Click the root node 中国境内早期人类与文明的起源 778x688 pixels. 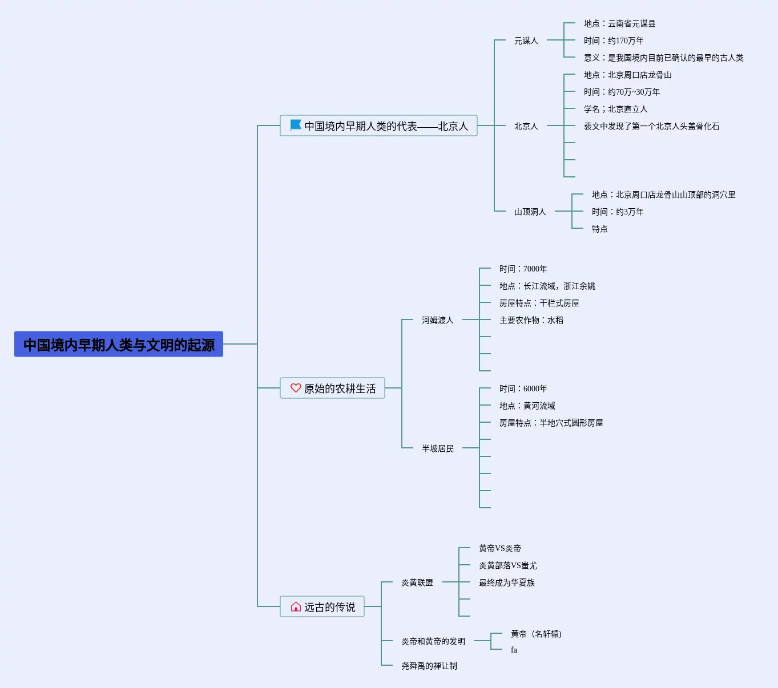coord(119,345)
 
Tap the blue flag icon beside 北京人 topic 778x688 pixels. coord(296,125)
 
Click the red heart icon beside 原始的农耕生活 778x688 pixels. coord(296,388)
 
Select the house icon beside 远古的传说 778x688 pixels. coord(296,606)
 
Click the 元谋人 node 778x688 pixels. coord(526,41)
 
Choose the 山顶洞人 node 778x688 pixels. coord(530,212)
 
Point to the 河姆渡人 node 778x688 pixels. coord(437,320)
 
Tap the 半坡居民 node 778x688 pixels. coord(437,448)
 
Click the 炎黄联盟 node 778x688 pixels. coord(417,582)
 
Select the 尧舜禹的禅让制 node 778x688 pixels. coord(429,666)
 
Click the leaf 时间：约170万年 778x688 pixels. coord(614,41)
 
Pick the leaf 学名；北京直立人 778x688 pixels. coord(615,109)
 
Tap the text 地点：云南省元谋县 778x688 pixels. coord(619,23)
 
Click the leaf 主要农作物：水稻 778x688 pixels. coord(531,320)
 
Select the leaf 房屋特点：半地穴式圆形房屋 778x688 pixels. coord(551,423)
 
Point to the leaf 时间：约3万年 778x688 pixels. coord(618,212)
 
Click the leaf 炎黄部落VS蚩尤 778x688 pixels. coord(507,565)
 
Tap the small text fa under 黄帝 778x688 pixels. coord(514,650)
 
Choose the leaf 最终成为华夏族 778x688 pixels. coord(506,582)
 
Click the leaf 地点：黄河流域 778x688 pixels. coord(527,406)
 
